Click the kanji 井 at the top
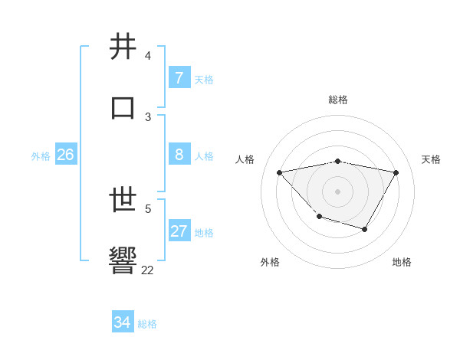pyautogui.click(x=123, y=47)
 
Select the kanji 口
pyautogui.click(x=123, y=107)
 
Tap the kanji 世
pyautogui.click(x=123, y=201)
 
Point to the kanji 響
pyautogui.click(x=123, y=260)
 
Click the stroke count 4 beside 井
pyautogui.click(x=148, y=56)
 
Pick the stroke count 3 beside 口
pyautogui.click(x=148, y=116)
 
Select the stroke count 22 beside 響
pyautogui.click(x=147, y=270)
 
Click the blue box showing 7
pyautogui.click(x=179, y=78)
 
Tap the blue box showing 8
pyautogui.click(x=179, y=155)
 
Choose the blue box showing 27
pyautogui.click(x=179, y=231)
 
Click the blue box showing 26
pyautogui.click(x=65, y=155)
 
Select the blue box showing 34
pyautogui.click(x=122, y=322)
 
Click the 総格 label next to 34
pyautogui.click(x=147, y=324)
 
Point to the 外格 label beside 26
pyautogui.click(x=41, y=156)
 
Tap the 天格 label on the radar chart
pyautogui.click(x=431, y=159)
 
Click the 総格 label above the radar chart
pyautogui.click(x=338, y=100)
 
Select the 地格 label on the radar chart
pyautogui.click(x=402, y=262)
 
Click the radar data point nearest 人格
pyautogui.click(x=279, y=172)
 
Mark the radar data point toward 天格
pyautogui.click(x=396, y=172)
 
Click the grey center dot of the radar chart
pyautogui.click(x=337, y=191)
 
